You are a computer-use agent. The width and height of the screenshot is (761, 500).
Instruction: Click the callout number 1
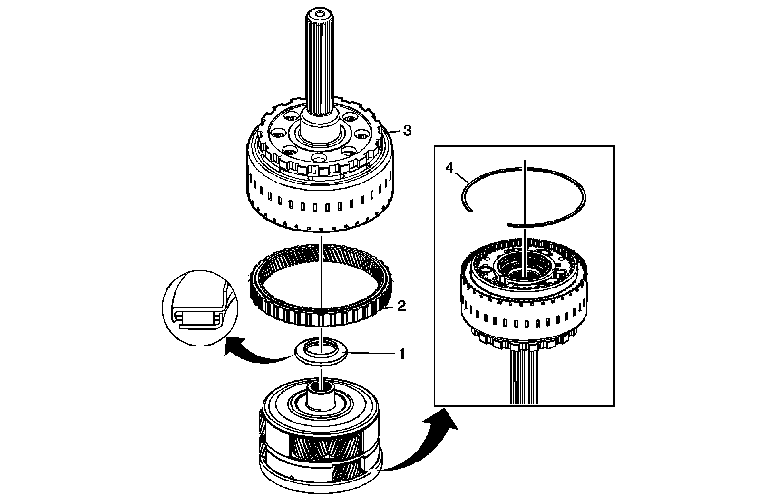click(402, 354)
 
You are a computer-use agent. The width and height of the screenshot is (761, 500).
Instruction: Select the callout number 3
click(407, 131)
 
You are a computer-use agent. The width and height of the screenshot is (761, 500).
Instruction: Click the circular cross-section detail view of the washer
click(199, 304)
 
